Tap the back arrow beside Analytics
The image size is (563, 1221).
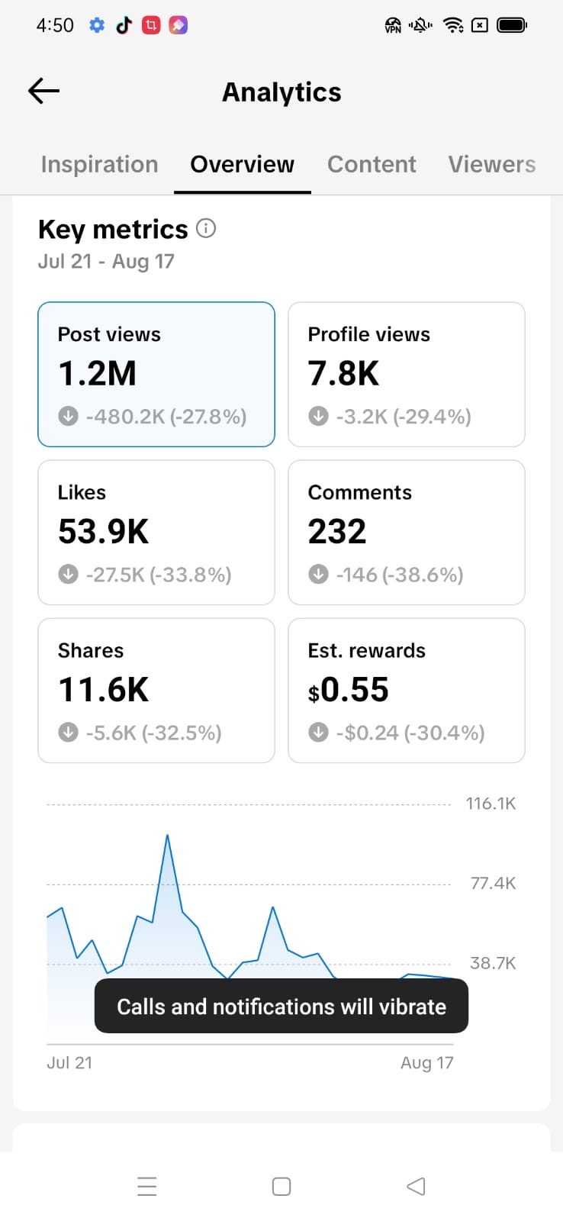[43, 91]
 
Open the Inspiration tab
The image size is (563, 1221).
[100, 164]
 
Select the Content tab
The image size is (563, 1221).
[372, 164]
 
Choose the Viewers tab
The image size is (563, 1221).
[491, 164]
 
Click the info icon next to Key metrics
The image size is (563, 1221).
[206, 228]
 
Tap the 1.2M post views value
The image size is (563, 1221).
[97, 373]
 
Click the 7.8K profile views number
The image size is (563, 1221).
[343, 373]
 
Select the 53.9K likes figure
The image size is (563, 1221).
[104, 531]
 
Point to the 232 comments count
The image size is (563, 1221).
[337, 531]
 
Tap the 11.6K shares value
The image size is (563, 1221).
[104, 690]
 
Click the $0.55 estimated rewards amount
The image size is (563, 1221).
[349, 690]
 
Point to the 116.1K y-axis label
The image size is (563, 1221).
[491, 804]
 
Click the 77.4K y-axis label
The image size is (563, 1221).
[493, 883]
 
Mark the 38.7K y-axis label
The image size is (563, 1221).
[493, 963]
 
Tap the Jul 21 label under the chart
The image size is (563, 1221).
[69, 1062]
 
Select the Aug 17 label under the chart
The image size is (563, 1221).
[426, 1063]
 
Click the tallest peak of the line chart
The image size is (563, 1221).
[167, 835]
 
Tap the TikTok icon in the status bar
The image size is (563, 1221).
[124, 25]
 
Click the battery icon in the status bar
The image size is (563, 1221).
[512, 25]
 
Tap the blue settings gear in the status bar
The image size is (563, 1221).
[97, 25]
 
